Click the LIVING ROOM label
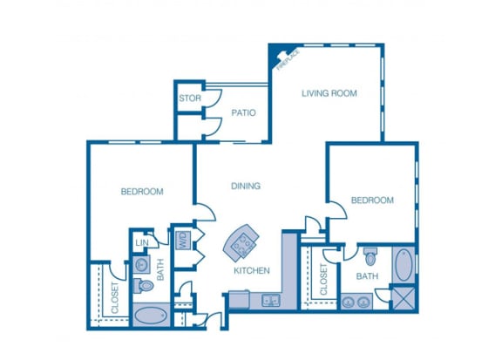click(x=329, y=93)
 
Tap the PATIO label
click(x=242, y=112)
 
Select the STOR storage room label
click(x=189, y=98)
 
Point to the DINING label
click(x=247, y=186)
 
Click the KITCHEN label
click(x=251, y=270)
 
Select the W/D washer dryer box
click(x=183, y=239)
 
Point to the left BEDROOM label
click(x=141, y=192)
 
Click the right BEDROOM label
click(x=371, y=200)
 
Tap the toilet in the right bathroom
click(x=370, y=256)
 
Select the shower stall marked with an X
click(x=404, y=299)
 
